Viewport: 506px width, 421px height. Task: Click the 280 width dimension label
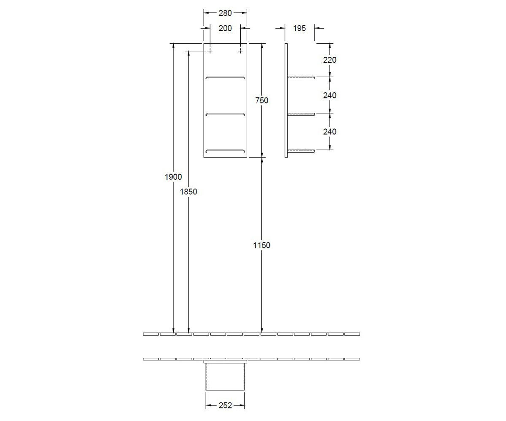225,13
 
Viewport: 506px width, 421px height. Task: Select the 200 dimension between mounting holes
225,28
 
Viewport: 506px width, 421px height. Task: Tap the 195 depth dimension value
299,28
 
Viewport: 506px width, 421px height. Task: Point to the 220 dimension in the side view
330,60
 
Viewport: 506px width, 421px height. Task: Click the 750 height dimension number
262,101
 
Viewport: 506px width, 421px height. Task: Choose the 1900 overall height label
173,177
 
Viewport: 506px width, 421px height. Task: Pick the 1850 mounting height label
188,192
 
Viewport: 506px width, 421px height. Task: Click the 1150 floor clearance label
261,245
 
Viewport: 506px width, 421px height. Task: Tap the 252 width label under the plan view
225,405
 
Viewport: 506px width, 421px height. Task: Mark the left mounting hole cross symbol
210,51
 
